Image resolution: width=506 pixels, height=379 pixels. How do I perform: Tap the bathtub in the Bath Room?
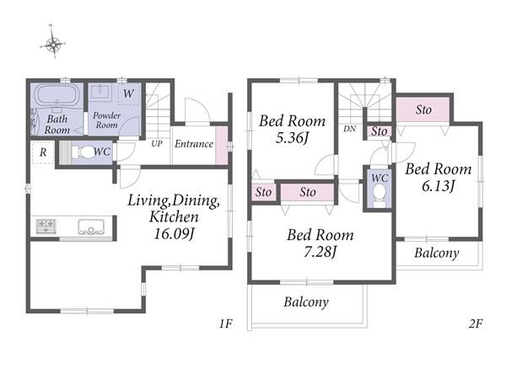point(57,94)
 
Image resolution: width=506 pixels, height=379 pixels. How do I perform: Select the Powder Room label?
point(107,120)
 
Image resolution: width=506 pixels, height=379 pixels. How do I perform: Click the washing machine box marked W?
point(128,93)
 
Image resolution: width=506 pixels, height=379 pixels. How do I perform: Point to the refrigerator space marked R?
point(43,152)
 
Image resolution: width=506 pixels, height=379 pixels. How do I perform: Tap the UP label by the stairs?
point(157,143)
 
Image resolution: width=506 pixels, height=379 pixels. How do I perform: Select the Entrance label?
point(194,144)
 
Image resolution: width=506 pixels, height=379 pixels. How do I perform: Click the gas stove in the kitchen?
point(46,226)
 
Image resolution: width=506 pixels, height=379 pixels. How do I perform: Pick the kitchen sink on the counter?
point(91,227)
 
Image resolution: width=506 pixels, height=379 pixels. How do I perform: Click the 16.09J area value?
point(175,234)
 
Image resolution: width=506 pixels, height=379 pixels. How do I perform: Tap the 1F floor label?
point(225,323)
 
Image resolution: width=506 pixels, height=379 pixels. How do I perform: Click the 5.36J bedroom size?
point(293,138)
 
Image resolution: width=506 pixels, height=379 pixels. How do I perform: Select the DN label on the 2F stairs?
point(349,129)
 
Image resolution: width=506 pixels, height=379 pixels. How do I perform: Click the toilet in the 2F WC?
point(379,195)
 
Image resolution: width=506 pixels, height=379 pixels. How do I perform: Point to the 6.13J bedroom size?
point(439,186)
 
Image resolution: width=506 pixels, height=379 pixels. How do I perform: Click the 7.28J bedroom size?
point(320,252)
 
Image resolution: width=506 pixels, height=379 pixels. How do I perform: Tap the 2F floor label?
point(476,323)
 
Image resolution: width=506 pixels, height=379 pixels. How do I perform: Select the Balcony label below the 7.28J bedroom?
point(306,302)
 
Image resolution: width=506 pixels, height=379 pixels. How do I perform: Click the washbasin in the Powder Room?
point(101,92)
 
